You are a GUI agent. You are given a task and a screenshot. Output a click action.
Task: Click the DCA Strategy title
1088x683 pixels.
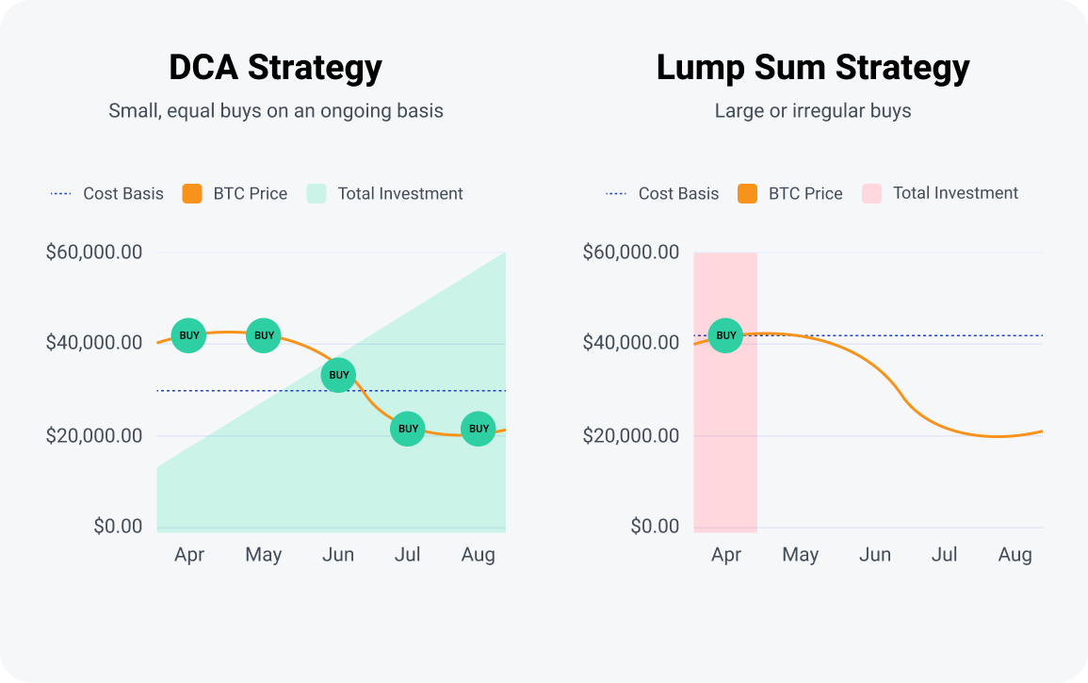(x=275, y=68)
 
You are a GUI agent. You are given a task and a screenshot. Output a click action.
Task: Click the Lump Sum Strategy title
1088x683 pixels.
(x=813, y=68)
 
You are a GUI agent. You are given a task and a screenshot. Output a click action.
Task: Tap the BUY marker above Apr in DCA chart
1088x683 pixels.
(x=189, y=335)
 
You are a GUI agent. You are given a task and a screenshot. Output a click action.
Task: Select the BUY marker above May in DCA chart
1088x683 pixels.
(x=265, y=335)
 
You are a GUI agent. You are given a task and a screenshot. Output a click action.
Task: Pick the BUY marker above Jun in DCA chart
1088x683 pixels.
(x=338, y=375)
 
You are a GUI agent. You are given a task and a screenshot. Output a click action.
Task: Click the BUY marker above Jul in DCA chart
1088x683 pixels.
(x=408, y=429)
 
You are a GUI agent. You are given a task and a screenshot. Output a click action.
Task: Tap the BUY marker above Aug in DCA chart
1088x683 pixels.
(x=479, y=429)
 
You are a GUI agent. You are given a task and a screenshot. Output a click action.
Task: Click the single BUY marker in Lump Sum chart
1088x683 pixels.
(x=726, y=335)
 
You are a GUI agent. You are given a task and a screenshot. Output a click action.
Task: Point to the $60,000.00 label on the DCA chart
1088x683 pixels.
(x=94, y=252)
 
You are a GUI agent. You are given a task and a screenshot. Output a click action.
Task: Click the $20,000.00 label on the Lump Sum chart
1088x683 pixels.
(x=631, y=435)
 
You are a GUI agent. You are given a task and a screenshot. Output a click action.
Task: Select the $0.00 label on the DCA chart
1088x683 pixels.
(x=118, y=526)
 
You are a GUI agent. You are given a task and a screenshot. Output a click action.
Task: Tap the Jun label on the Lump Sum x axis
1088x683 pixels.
(x=875, y=555)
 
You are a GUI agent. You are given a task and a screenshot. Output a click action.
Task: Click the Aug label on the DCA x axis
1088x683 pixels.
(x=479, y=555)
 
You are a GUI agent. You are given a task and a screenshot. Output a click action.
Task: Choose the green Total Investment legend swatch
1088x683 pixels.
(x=317, y=194)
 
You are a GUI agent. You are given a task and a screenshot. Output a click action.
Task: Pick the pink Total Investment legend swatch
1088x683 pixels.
(x=871, y=194)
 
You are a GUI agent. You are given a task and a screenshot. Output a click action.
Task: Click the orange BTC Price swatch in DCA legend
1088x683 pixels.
(x=192, y=194)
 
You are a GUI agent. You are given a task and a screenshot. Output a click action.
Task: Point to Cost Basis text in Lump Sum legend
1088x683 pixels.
(x=678, y=194)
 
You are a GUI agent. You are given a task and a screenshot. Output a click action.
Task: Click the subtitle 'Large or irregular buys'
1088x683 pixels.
(x=813, y=111)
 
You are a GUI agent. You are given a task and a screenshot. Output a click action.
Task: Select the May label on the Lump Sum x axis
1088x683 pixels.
(x=801, y=555)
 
